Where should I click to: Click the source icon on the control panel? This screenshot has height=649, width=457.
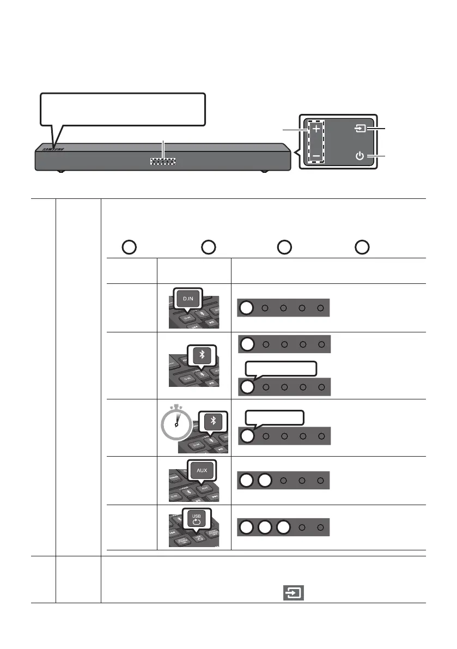tap(359, 130)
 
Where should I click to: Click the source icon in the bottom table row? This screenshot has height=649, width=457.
tap(293, 591)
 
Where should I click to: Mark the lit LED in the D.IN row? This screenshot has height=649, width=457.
tap(247, 308)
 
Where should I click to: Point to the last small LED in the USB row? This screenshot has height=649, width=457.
tap(321, 529)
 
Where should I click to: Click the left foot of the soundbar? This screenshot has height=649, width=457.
tap(60, 172)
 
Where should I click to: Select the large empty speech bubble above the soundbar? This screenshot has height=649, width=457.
tap(123, 109)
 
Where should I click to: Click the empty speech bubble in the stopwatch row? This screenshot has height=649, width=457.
tap(275, 418)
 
